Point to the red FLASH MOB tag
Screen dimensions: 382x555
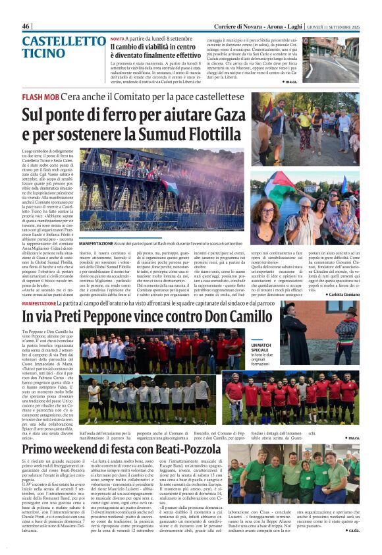tap(40, 96)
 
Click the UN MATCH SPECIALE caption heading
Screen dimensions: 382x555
tap(256, 347)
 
